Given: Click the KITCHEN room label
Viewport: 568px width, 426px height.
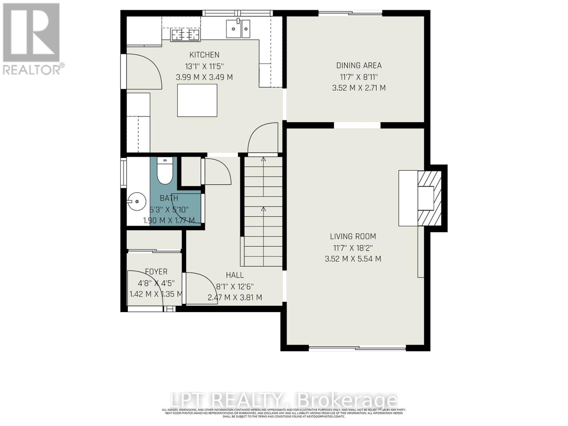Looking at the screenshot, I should tap(204, 55).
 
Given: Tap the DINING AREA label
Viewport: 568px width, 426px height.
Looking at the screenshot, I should tap(359, 65).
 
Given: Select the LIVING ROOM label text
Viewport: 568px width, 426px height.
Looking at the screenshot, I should tap(353, 236).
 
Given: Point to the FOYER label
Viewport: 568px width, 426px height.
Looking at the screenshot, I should tap(156, 272).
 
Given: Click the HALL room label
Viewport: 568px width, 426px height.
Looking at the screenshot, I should tap(235, 275).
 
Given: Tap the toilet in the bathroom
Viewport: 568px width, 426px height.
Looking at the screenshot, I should tap(164, 172).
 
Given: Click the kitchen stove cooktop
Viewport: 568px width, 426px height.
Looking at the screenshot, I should tap(185, 35).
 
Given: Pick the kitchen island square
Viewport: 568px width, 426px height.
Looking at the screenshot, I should tap(197, 100).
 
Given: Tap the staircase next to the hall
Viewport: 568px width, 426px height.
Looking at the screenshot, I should tap(263, 211).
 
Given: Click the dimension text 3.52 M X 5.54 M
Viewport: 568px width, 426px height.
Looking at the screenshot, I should tap(353, 259).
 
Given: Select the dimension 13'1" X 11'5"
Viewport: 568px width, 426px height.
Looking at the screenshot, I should tap(204, 66).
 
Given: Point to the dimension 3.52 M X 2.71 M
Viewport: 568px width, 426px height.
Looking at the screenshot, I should tap(359, 88).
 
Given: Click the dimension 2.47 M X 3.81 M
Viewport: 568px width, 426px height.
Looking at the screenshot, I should tap(235, 297).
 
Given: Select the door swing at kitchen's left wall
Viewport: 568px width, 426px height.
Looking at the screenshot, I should tap(144, 71).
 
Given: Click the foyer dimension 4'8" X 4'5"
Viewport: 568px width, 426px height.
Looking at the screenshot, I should tap(156, 283).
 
